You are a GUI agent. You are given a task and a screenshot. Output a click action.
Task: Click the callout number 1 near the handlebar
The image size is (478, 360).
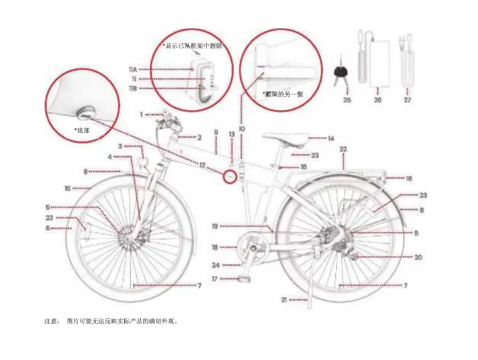click(x=141, y=114)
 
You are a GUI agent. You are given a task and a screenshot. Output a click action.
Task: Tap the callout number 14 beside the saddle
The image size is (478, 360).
click(x=330, y=138)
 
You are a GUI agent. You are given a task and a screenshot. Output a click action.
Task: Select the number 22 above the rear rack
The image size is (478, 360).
click(x=343, y=149)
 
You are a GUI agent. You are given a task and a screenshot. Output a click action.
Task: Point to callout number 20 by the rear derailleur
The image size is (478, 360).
click(x=418, y=257)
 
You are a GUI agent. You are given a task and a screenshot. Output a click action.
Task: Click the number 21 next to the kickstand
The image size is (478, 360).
click(x=284, y=300)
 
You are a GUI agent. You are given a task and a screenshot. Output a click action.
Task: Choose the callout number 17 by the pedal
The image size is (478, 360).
click(x=215, y=279)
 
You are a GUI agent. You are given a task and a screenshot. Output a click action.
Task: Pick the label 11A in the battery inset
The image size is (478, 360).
click(x=132, y=69)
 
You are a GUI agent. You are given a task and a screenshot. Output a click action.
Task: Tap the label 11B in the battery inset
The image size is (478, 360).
click(x=132, y=88)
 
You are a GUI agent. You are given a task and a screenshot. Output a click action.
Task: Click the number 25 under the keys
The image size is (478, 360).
click(x=346, y=99)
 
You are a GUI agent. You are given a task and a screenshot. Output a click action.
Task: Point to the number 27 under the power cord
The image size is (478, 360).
click(x=408, y=99)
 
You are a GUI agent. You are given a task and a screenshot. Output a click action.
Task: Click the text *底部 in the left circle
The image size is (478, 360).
click(x=81, y=130)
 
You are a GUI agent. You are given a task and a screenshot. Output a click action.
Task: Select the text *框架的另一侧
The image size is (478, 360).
click(x=283, y=93)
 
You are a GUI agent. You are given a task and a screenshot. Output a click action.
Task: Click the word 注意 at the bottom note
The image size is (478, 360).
click(x=51, y=320)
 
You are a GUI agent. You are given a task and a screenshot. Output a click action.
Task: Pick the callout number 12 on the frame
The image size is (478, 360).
click(x=202, y=164)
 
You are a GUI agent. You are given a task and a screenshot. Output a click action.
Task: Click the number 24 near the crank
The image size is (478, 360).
click(x=215, y=265)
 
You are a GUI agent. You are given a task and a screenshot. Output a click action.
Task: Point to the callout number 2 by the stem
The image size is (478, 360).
click(x=199, y=137)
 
